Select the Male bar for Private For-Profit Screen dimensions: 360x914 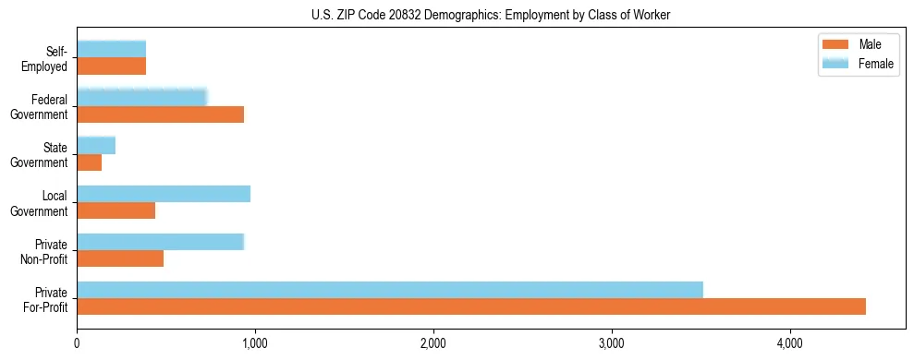pyautogui.click(x=471, y=306)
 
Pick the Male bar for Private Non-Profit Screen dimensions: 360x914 pyautogui.click(x=120, y=258)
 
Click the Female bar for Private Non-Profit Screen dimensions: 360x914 pyautogui.click(x=160, y=242)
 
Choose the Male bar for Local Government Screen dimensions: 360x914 pyautogui.click(x=116, y=210)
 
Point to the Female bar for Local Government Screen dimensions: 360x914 pyautogui.click(x=164, y=194)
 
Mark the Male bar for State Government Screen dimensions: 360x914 pyautogui.click(x=90, y=162)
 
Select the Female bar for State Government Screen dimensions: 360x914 pyautogui.click(x=96, y=145)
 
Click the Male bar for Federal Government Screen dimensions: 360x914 pyautogui.click(x=160, y=114)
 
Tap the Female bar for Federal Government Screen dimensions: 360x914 pyautogui.click(x=141, y=97)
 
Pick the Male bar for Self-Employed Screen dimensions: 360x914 pyautogui.click(x=112, y=66)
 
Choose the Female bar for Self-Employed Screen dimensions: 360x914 pyautogui.click(x=112, y=49)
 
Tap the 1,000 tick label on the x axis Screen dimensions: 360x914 pyautogui.click(x=255, y=343)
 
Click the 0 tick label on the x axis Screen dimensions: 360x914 pyautogui.click(x=77, y=343)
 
